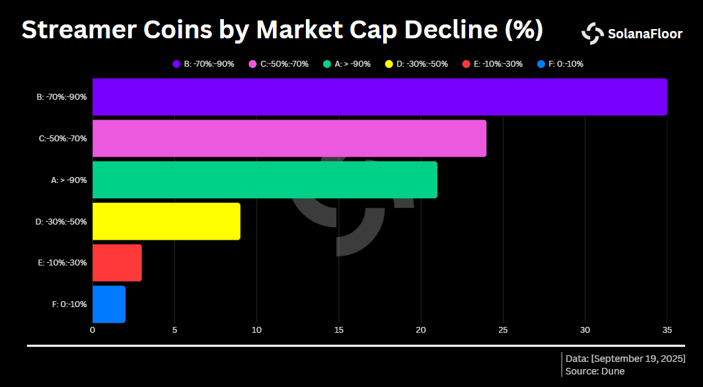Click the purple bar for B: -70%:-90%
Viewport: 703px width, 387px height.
(379, 97)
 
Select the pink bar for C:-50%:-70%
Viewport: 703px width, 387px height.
(289, 139)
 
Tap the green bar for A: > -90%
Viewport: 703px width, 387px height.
(264, 180)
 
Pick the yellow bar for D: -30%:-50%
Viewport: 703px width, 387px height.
(166, 221)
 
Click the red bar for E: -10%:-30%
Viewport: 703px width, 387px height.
(117, 263)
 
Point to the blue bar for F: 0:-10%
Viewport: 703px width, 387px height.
(108, 304)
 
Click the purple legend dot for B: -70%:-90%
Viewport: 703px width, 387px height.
(176, 64)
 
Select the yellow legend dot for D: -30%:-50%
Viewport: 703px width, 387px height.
(389, 64)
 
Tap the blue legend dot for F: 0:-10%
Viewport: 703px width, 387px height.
(541, 64)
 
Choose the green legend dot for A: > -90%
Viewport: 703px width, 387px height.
(327, 64)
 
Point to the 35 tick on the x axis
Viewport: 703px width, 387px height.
(667, 330)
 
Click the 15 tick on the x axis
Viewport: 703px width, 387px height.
(338, 330)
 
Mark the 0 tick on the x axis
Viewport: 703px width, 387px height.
(92, 330)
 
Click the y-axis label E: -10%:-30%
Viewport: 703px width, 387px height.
(61, 263)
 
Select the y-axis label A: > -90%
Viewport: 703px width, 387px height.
(69, 180)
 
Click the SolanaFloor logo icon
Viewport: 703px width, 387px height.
(592, 34)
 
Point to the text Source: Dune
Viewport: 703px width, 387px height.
(595, 371)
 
